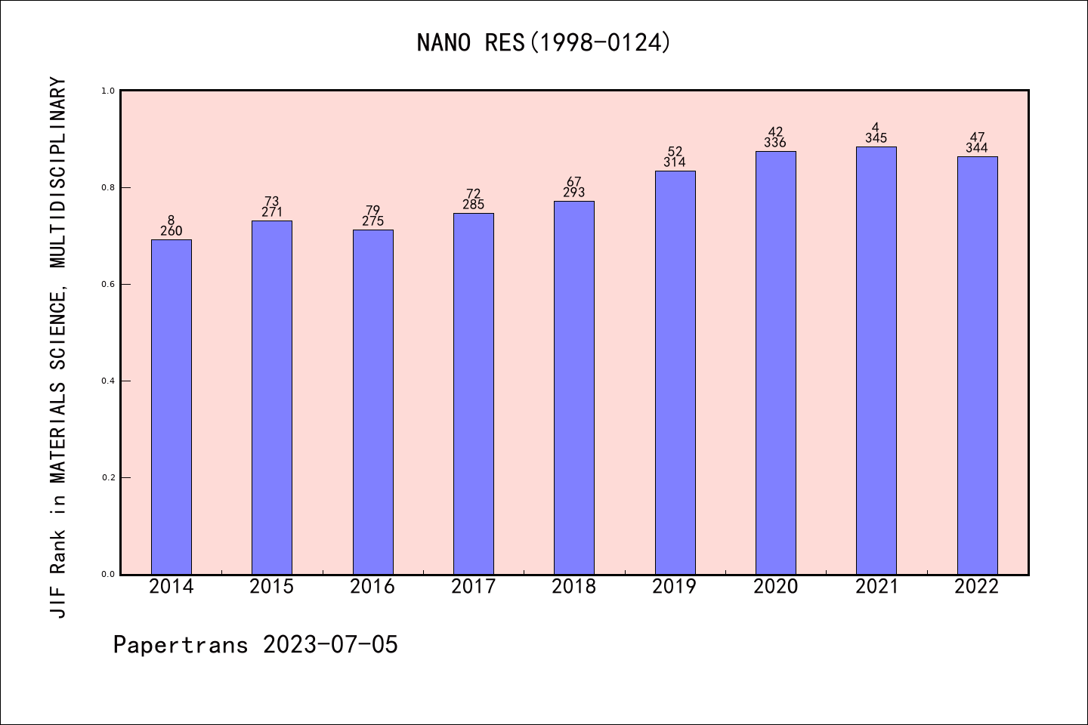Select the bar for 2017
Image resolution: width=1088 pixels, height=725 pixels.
tap(474, 393)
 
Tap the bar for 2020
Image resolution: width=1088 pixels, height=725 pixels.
tap(775, 362)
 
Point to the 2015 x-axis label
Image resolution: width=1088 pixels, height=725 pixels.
tap(272, 587)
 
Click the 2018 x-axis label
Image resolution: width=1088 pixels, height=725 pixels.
tap(574, 587)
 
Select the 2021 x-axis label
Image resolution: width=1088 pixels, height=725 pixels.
tap(876, 587)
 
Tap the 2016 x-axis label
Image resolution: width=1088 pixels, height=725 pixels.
tap(372, 587)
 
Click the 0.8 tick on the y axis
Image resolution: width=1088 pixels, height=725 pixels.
tap(107, 187)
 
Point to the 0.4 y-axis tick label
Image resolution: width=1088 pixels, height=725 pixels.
tap(107, 381)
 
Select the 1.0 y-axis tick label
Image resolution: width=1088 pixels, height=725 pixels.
tap(107, 91)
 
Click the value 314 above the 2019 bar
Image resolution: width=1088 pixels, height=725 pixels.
tap(675, 162)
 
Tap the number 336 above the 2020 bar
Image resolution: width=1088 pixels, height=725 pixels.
tap(775, 143)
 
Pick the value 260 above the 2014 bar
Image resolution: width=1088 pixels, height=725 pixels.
tap(172, 231)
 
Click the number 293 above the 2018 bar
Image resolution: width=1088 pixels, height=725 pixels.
tap(574, 193)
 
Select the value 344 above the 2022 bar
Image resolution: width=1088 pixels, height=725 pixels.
tap(977, 148)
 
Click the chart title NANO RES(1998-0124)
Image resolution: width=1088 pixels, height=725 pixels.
tap(544, 42)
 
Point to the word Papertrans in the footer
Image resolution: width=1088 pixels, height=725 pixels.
tap(181, 644)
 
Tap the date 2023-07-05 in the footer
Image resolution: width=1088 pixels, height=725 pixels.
tap(330, 644)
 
